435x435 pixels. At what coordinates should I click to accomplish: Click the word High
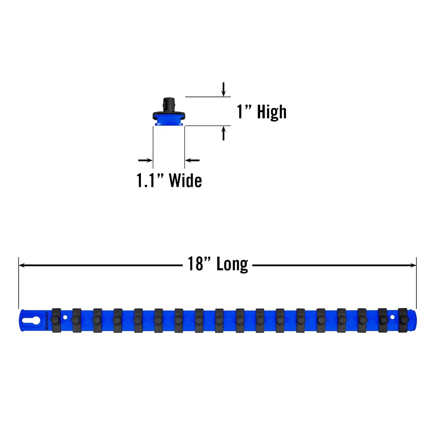tap(271, 112)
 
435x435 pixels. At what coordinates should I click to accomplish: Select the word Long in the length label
tap(232, 264)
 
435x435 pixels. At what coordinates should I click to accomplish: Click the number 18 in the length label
tap(195, 264)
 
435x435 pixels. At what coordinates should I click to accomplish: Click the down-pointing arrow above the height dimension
tap(224, 89)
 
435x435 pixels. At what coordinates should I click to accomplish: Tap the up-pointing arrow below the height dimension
tap(224, 133)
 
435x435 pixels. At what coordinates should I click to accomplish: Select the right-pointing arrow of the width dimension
tap(145, 161)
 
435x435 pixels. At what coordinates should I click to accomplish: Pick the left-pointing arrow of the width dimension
tap(192, 161)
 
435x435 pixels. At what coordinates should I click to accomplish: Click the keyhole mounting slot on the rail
tap(32, 320)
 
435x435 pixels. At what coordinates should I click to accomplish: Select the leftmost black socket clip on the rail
tap(56, 321)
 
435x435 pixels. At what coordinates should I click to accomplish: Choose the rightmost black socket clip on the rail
tap(403, 320)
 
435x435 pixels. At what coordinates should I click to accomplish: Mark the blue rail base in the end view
tap(169, 122)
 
